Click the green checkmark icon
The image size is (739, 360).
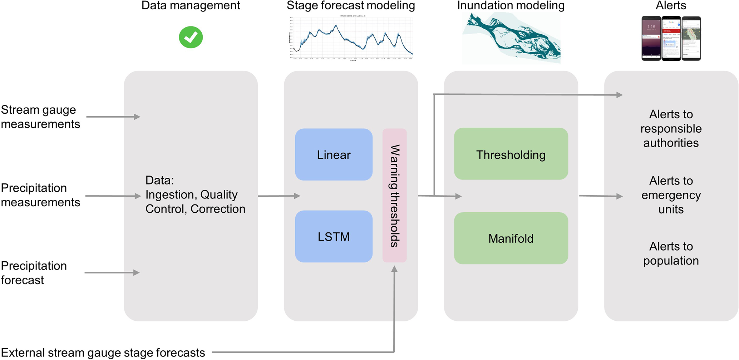pos(191,37)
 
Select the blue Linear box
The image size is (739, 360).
pos(334,154)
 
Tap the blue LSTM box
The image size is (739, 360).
pos(334,236)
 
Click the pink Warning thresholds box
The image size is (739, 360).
pos(394,195)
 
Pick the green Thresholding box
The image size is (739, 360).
pos(511,154)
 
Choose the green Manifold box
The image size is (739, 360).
pos(511,238)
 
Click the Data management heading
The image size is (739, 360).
pos(191,5)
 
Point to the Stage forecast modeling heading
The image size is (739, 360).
pos(351,5)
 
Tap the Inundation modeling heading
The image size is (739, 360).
pos(511,5)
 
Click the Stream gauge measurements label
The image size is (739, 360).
pos(40,117)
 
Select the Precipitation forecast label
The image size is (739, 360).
pos(34,273)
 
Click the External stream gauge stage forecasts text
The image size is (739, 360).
pos(103,352)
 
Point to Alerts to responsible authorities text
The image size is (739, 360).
pos(671,128)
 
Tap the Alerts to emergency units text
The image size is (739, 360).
pos(671,195)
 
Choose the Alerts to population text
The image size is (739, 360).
pos(671,253)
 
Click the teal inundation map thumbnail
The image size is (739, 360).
pos(511,38)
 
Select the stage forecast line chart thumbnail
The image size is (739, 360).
pos(351,38)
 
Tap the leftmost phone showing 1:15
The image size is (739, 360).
pos(651,38)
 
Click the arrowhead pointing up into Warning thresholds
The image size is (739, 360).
pos(394,269)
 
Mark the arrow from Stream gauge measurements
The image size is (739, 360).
pos(113,117)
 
